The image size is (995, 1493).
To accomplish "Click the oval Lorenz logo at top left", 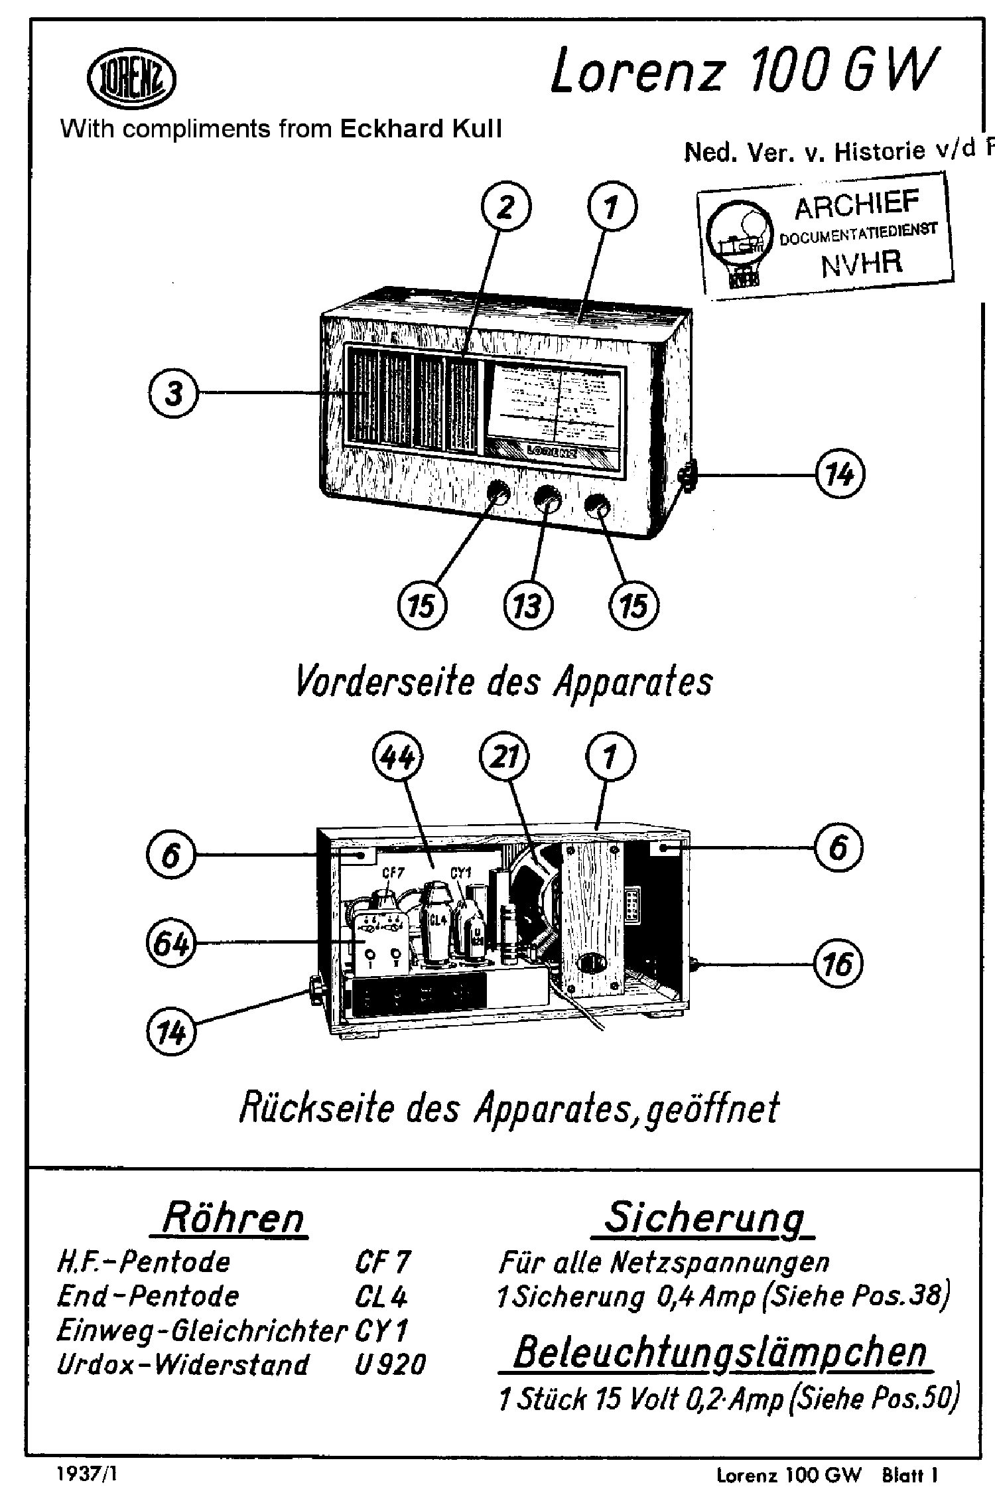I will coord(131,80).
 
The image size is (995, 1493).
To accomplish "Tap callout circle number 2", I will coord(505,208).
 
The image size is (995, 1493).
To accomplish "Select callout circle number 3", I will coord(172,393).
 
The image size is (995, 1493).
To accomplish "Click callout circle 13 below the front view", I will coord(528,606).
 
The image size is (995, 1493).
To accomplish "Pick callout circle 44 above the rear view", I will coord(397,757).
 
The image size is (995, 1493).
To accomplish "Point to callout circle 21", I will coord(504,757).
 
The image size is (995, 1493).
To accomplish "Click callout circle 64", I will coord(170,943).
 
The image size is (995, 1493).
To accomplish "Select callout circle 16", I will coord(838,964).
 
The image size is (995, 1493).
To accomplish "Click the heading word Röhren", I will coord(232,1218).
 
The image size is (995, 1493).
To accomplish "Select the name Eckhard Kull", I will coord(421,129).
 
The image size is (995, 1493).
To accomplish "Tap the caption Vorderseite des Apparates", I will coord(503,682).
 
